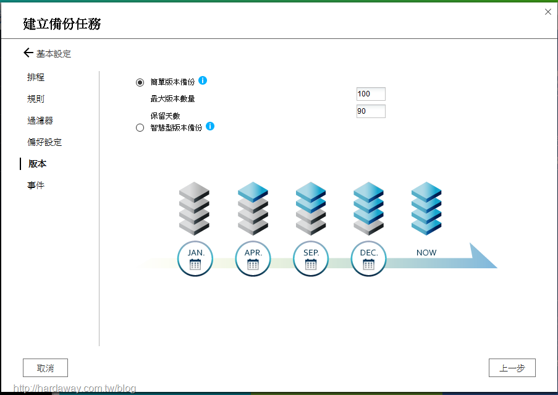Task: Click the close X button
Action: click(x=548, y=12)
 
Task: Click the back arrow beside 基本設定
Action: click(x=28, y=53)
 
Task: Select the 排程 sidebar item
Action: click(x=36, y=77)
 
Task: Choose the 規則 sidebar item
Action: click(x=36, y=98)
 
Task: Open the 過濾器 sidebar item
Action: click(x=40, y=121)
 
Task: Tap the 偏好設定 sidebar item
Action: click(x=44, y=142)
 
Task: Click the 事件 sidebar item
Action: click(x=36, y=185)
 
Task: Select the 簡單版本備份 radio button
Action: click(x=140, y=83)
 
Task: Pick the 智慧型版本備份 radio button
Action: click(x=140, y=128)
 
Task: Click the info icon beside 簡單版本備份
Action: click(x=203, y=80)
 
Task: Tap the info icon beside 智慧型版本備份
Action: click(x=210, y=126)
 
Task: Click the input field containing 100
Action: click(x=371, y=94)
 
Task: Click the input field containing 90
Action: click(x=371, y=111)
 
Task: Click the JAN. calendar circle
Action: click(x=195, y=259)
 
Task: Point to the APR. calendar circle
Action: click(x=253, y=259)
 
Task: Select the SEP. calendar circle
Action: click(x=311, y=259)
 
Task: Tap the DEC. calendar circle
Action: click(x=369, y=259)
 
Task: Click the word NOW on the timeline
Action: click(x=426, y=253)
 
